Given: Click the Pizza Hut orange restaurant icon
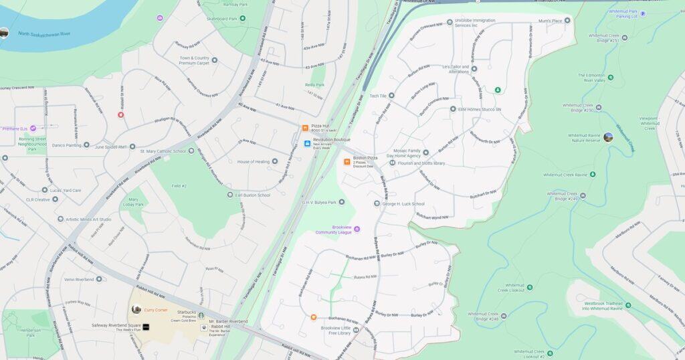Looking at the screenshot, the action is pos(305,127).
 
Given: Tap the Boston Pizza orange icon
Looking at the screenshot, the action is pos(347,161).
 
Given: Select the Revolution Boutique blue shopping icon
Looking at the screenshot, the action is pos(307,143).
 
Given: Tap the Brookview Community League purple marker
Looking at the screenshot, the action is pos(357,230).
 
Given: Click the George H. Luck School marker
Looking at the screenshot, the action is pos(377,203).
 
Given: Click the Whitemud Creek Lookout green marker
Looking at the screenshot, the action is pos(529,287).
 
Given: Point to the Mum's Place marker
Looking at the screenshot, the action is pos(567,21).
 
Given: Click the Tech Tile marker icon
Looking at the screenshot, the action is pos(391,96).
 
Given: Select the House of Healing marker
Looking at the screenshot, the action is pos(274,161).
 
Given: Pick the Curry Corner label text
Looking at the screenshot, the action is pos(156,310).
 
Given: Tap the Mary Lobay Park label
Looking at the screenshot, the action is pos(133,201).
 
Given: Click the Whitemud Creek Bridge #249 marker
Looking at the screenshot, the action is pos(582,196).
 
